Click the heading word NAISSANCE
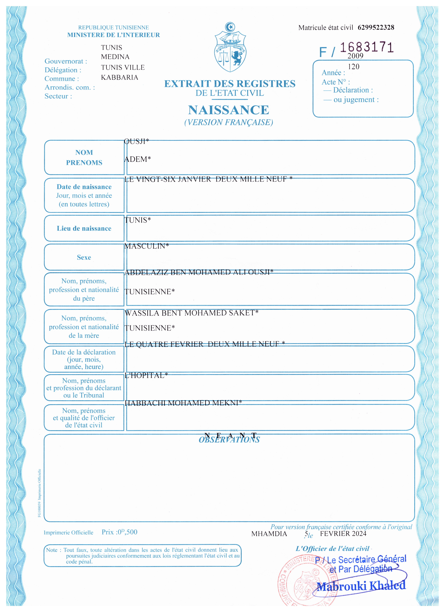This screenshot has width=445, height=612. pyautogui.click(x=228, y=110)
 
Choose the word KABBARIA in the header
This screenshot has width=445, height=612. pyautogui.click(x=119, y=77)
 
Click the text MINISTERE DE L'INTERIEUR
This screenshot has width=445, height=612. pyautogui.click(x=113, y=35)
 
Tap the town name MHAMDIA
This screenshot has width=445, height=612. pyautogui.click(x=269, y=534)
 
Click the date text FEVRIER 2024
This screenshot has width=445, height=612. pyautogui.click(x=343, y=533)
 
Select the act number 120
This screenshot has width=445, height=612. pyautogui.click(x=353, y=67)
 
